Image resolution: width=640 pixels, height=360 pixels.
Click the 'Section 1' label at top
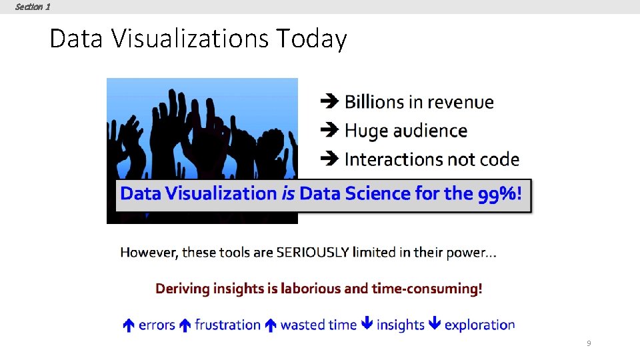pyautogui.click(x=32, y=7)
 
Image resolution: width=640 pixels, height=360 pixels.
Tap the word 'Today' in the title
pyautogui.click(x=311, y=39)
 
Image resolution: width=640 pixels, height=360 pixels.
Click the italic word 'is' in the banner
pyautogui.click(x=287, y=194)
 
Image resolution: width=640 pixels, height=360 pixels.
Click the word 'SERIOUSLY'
pyautogui.click(x=313, y=253)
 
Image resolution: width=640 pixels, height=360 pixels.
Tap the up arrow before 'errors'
pyautogui.click(x=129, y=325)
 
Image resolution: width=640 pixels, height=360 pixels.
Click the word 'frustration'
pyautogui.click(x=227, y=325)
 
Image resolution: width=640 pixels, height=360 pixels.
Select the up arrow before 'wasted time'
pyautogui.click(x=270, y=325)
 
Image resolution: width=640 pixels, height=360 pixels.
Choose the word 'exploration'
pyautogui.click(x=479, y=325)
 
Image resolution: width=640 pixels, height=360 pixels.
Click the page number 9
pyautogui.click(x=588, y=343)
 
